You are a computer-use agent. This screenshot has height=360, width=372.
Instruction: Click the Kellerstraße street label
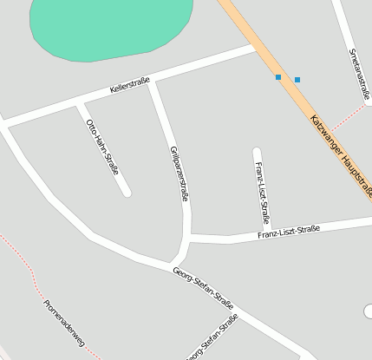click(130, 86)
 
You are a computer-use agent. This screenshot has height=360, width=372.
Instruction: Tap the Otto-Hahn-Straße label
click(102, 147)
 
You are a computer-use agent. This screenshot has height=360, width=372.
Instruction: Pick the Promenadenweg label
click(63, 324)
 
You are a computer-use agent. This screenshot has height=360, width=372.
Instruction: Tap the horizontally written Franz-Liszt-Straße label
click(289, 232)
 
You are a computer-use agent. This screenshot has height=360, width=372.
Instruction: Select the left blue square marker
click(278, 77)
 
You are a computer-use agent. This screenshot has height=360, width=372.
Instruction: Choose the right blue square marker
click(297, 80)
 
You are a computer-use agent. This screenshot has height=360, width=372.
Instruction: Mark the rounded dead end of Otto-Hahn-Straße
click(127, 192)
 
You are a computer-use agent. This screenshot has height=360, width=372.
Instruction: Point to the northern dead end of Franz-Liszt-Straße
click(257, 153)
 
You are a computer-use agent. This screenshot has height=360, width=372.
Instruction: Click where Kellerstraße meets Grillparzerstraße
click(153, 82)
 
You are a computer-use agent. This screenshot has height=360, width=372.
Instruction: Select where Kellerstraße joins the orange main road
click(253, 49)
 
